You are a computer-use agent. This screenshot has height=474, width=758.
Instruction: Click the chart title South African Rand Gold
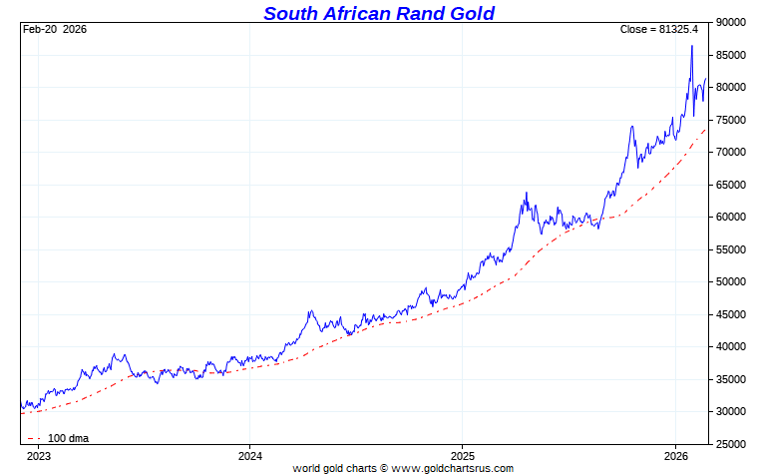(379, 13)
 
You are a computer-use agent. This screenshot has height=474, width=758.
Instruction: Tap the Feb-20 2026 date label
(55, 29)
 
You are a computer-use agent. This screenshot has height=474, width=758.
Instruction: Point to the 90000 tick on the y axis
(731, 22)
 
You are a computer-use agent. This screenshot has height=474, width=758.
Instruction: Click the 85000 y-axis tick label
(731, 55)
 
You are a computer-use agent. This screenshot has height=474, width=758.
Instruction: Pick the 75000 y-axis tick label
(731, 120)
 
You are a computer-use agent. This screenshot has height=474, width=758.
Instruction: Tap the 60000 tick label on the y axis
(731, 217)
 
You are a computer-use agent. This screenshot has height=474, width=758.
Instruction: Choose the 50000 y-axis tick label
(731, 281)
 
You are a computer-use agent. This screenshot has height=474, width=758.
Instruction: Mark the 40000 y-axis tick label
(731, 346)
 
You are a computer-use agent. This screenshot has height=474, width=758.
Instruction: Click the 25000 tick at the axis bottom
(731, 444)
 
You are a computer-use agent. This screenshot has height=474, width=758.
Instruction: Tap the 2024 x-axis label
(249, 455)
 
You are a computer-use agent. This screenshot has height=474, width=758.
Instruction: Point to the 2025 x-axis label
(462, 455)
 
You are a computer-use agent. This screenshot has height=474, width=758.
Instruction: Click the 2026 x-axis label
(675, 455)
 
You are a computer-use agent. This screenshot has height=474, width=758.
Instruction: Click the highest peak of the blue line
(692, 46)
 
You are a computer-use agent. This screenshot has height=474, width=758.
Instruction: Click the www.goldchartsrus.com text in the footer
(451, 467)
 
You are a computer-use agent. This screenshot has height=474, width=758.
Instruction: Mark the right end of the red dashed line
(706, 128)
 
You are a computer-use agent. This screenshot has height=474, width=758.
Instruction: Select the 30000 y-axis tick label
(731, 411)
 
